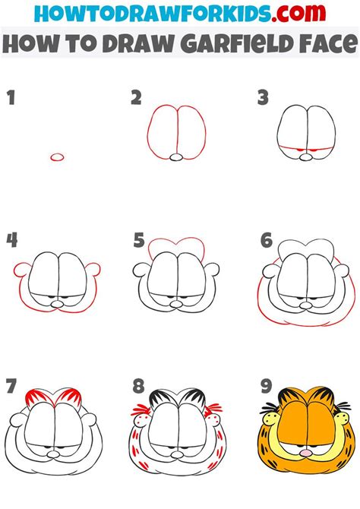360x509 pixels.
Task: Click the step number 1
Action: point(11,96)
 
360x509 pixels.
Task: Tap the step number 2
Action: point(136,96)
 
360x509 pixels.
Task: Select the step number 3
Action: point(263,96)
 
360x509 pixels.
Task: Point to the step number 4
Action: point(11,240)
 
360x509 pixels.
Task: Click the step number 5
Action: point(138,240)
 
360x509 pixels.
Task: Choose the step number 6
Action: point(266,240)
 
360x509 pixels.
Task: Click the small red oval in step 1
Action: point(57,156)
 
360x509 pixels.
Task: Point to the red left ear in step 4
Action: point(21,272)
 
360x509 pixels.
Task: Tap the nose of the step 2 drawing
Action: point(176,157)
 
